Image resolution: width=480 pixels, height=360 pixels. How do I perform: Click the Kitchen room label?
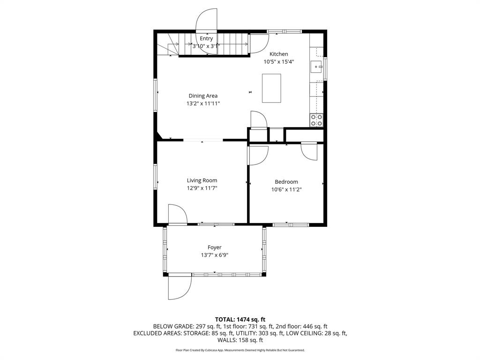point(278,54)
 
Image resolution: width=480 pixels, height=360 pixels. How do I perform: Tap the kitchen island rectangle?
point(271,88)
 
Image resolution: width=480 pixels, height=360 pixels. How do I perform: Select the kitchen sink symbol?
point(316,67)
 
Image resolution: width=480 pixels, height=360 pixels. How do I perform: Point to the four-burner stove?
point(316,120)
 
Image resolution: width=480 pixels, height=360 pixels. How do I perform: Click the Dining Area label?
point(203,96)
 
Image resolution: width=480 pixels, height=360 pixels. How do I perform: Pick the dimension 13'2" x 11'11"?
point(203,104)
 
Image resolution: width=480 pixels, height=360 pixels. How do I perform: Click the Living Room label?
point(202,180)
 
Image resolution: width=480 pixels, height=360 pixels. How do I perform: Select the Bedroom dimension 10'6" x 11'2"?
point(286,189)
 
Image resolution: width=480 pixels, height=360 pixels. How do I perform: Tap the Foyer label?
point(214,247)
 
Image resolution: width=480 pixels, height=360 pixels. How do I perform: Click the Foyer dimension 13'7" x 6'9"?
point(215,255)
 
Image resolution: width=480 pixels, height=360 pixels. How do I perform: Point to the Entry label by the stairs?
point(206,38)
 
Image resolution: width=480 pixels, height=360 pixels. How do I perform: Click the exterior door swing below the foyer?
point(180,287)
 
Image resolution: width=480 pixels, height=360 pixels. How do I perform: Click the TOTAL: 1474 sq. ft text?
point(240,320)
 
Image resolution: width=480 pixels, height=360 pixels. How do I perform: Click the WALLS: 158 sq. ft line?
point(240,340)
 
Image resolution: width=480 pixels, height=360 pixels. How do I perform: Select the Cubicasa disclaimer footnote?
point(240,350)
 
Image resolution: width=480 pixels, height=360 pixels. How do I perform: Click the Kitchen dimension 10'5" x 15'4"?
point(279,62)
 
